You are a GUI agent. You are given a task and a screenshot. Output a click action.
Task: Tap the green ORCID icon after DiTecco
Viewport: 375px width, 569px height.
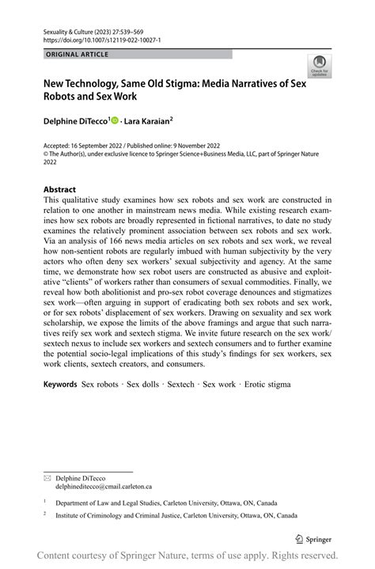tap(115, 121)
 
